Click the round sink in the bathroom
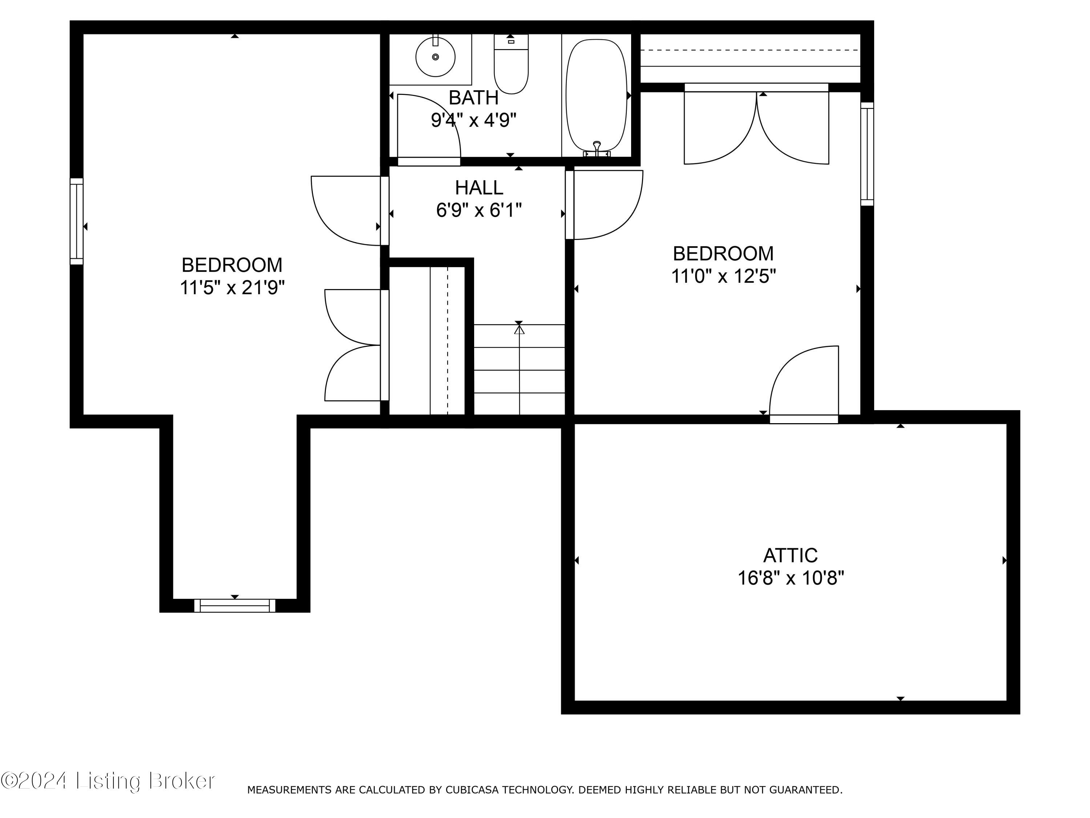pos(435,57)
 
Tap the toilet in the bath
pos(511,67)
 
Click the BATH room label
pos(473,98)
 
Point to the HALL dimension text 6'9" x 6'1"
pos(479,210)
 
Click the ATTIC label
pos(790,556)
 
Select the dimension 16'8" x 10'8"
pos(790,578)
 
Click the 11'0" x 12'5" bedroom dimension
pos(723,276)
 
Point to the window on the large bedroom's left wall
pos(76,221)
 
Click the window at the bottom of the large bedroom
pos(235,605)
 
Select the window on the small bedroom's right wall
pos(867,154)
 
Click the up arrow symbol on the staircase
pos(519,328)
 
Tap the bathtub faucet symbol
pos(597,148)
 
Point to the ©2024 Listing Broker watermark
pos(108,781)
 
